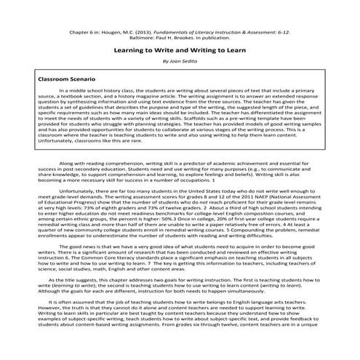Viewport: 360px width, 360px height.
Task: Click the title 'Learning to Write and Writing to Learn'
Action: click(x=179, y=51)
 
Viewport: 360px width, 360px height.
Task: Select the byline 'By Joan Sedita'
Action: click(x=179, y=63)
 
